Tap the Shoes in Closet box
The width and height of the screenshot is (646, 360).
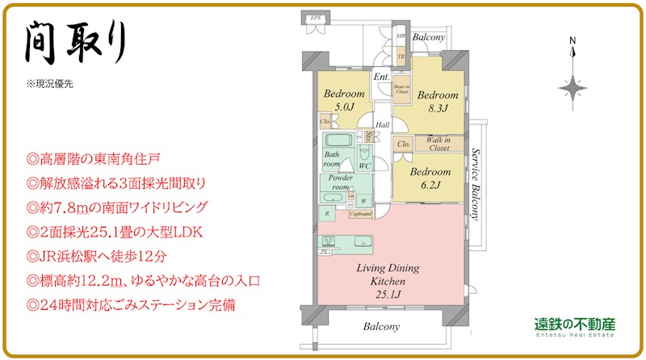pos(402,89)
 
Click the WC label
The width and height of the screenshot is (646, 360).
pos(365,165)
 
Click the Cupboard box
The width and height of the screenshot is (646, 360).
pos(360,214)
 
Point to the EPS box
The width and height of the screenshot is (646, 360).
pos(317,16)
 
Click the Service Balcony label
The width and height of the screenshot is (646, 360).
pos(476,185)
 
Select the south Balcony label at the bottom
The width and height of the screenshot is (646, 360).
pos(381,327)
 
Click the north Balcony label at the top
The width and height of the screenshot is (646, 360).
pos(429,37)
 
